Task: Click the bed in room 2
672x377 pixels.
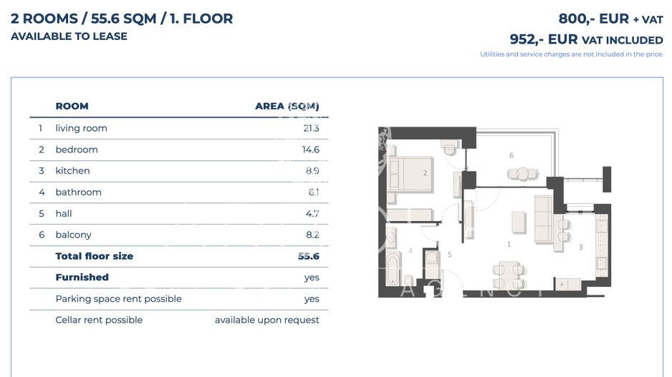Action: [410, 174]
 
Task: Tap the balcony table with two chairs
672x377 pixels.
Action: [522, 174]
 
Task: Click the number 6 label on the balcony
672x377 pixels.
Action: [511, 155]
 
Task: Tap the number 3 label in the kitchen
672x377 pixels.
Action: [580, 247]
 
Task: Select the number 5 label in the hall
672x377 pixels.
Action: [450, 254]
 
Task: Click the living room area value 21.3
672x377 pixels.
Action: [310, 128]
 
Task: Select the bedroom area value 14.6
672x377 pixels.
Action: [310, 150]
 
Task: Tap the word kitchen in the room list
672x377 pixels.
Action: [72, 171]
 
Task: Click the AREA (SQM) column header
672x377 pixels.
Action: [287, 106]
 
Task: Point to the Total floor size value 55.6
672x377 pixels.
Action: [308, 256]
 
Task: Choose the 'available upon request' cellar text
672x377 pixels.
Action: [267, 320]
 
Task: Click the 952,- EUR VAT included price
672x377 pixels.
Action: [586, 39]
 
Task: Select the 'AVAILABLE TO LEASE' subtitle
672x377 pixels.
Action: [69, 36]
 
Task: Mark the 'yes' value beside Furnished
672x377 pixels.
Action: [311, 278]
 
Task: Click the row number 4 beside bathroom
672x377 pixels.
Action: [42, 192]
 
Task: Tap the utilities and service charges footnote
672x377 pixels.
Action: [571, 54]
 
